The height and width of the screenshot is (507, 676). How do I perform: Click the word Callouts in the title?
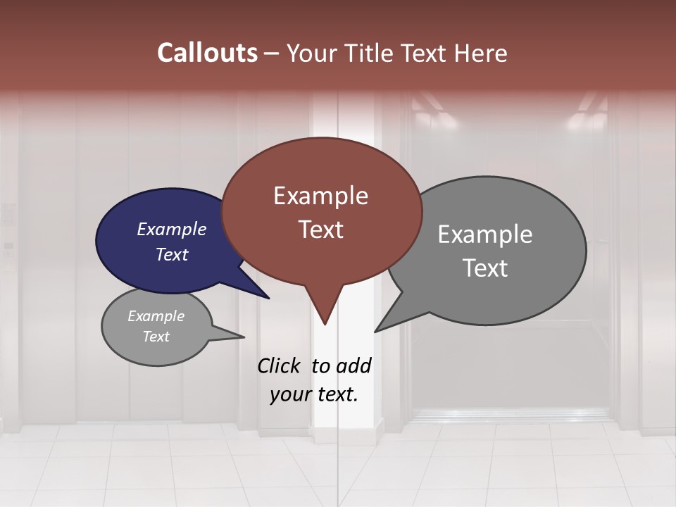[x=207, y=53]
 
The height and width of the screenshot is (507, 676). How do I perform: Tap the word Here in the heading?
[x=481, y=53]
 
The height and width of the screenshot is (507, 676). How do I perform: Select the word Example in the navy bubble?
[x=172, y=229]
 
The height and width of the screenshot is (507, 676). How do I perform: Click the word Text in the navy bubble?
[x=172, y=254]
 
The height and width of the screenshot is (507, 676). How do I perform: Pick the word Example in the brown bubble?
[x=320, y=196]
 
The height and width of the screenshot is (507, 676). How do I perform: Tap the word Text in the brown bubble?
[x=320, y=230]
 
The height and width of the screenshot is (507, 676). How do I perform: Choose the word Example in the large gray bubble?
[x=485, y=234]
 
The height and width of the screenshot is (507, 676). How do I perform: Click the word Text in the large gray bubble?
[x=485, y=268]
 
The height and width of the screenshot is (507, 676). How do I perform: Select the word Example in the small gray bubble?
[x=156, y=316]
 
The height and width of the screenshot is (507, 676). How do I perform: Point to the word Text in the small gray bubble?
[x=156, y=337]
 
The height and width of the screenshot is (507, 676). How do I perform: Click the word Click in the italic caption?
[x=280, y=365]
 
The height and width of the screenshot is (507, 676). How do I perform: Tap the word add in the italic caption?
[x=353, y=365]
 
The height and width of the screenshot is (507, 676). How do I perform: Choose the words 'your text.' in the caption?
[x=314, y=394]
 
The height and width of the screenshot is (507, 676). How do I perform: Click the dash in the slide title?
[x=272, y=54]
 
